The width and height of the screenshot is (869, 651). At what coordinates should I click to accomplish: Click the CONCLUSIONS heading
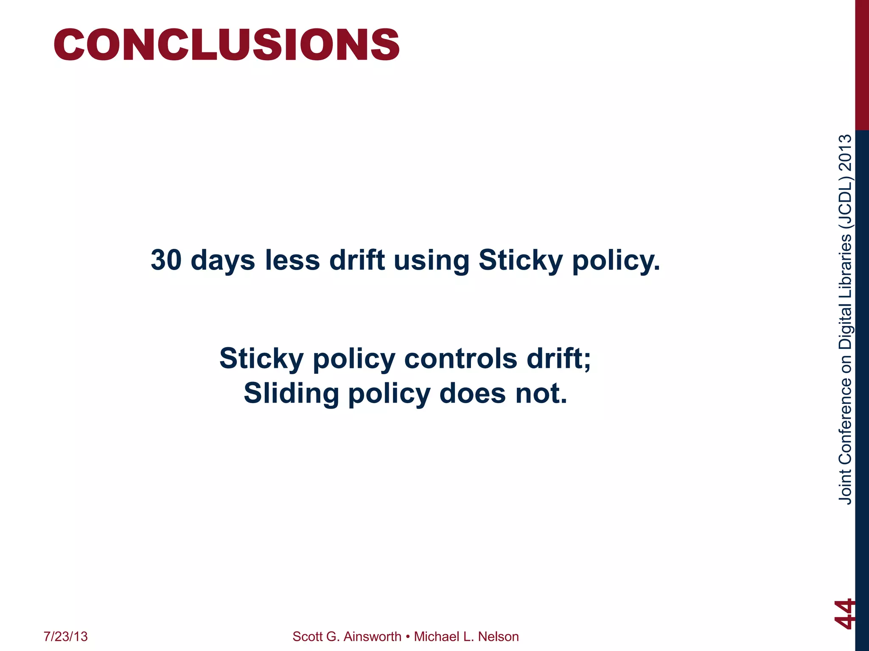click(x=226, y=45)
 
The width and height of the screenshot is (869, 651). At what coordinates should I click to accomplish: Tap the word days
click(x=223, y=261)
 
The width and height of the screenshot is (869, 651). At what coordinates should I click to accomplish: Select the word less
click(x=292, y=260)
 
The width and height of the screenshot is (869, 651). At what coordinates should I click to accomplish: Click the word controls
click(x=460, y=358)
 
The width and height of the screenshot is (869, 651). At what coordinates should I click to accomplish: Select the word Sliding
click(x=291, y=394)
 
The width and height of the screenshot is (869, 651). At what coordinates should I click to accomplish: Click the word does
click(x=472, y=394)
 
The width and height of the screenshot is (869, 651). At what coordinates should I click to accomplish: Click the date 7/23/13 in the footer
click(x=66, y=637)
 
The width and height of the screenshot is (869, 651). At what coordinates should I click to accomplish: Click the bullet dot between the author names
click(x=407, y=637)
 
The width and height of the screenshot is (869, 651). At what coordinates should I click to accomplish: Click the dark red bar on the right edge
click(x=862, y=64)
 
